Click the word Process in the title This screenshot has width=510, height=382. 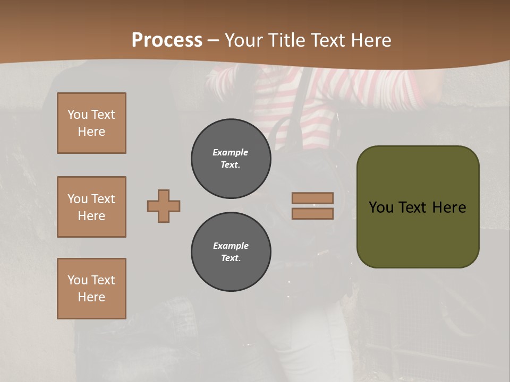[x=167, y=40]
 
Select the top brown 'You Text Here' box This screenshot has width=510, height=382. [x=91, y=123]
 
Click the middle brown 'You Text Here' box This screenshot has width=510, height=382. [x=91, y=207]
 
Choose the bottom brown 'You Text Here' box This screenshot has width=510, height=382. [x=91, y=289]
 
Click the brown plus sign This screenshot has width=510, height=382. [x=164, y=206]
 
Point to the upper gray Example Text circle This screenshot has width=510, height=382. [x=231, y=159]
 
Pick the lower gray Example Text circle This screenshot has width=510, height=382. [x=231, y=252]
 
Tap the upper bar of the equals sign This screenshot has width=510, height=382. [x=313, y=198]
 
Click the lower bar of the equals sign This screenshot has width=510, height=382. [x=313, y=213]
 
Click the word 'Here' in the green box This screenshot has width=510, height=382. [x=449, y=207]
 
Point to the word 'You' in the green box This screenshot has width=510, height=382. [x=381, y=207]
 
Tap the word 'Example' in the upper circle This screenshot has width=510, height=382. [x=231, y=152]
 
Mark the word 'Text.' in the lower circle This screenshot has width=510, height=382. [x=231, y=258]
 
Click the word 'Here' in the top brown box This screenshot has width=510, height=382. [x=91, y=132]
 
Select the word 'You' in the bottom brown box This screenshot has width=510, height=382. [x=78, y=280]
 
